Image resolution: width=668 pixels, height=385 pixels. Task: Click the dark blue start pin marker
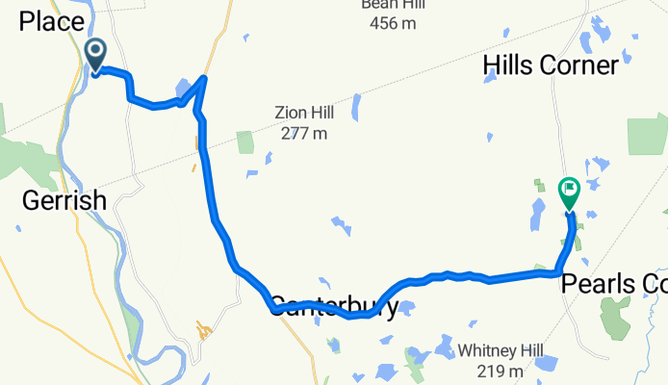tap(96, 54)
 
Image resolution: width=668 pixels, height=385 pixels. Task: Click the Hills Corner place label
tap(549, 65)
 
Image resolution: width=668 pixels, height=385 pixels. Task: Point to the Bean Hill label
tap(389, 4)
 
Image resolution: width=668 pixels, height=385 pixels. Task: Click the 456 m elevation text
tap(389, 20)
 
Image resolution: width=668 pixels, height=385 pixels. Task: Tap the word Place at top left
tap(51, 21)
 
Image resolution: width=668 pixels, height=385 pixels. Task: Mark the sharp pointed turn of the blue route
tap(204, 77)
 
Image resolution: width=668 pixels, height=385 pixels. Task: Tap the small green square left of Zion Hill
tap(244, 141)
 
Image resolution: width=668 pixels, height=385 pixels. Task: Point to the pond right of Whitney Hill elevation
tap(546, 363)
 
